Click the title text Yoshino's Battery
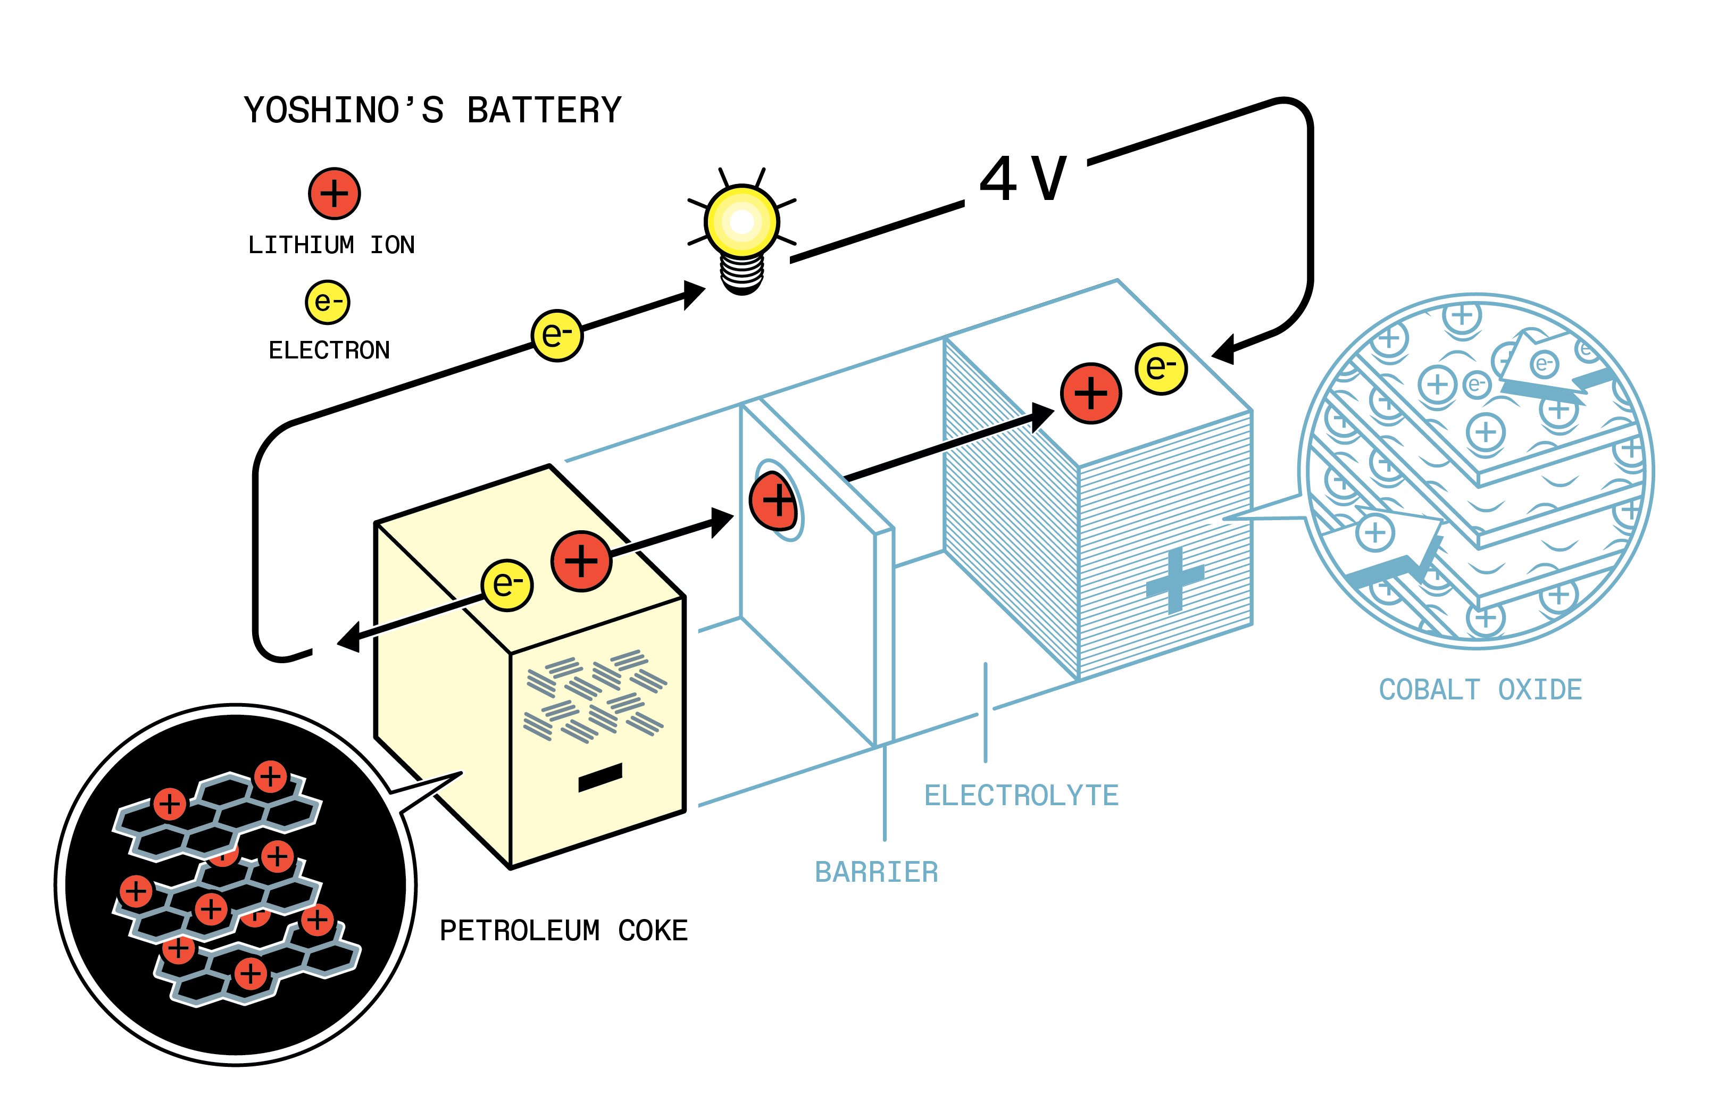[x=431, y=111]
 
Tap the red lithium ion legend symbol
[x=334, y=194]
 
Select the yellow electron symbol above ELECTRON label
[x=328, y=302]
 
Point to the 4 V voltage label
[x=1023, y=178]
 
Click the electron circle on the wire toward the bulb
[x=557, y=336]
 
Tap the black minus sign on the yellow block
[x=599, y=778]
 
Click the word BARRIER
[x=876, y=872]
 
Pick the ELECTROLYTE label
[x=1021, y=796]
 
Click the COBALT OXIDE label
[x=1480, y=690]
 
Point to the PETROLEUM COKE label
[x=564, y=931]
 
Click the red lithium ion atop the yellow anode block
[x=581, y=561]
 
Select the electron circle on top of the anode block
[x=507, y=585]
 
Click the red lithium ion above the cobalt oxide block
[x=1091, y=393]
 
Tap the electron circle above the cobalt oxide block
[x=1160, y=369]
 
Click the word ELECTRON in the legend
[x=329, y=350]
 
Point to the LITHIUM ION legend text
[x=331, y=245]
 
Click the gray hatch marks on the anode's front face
[x=595, y=696]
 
